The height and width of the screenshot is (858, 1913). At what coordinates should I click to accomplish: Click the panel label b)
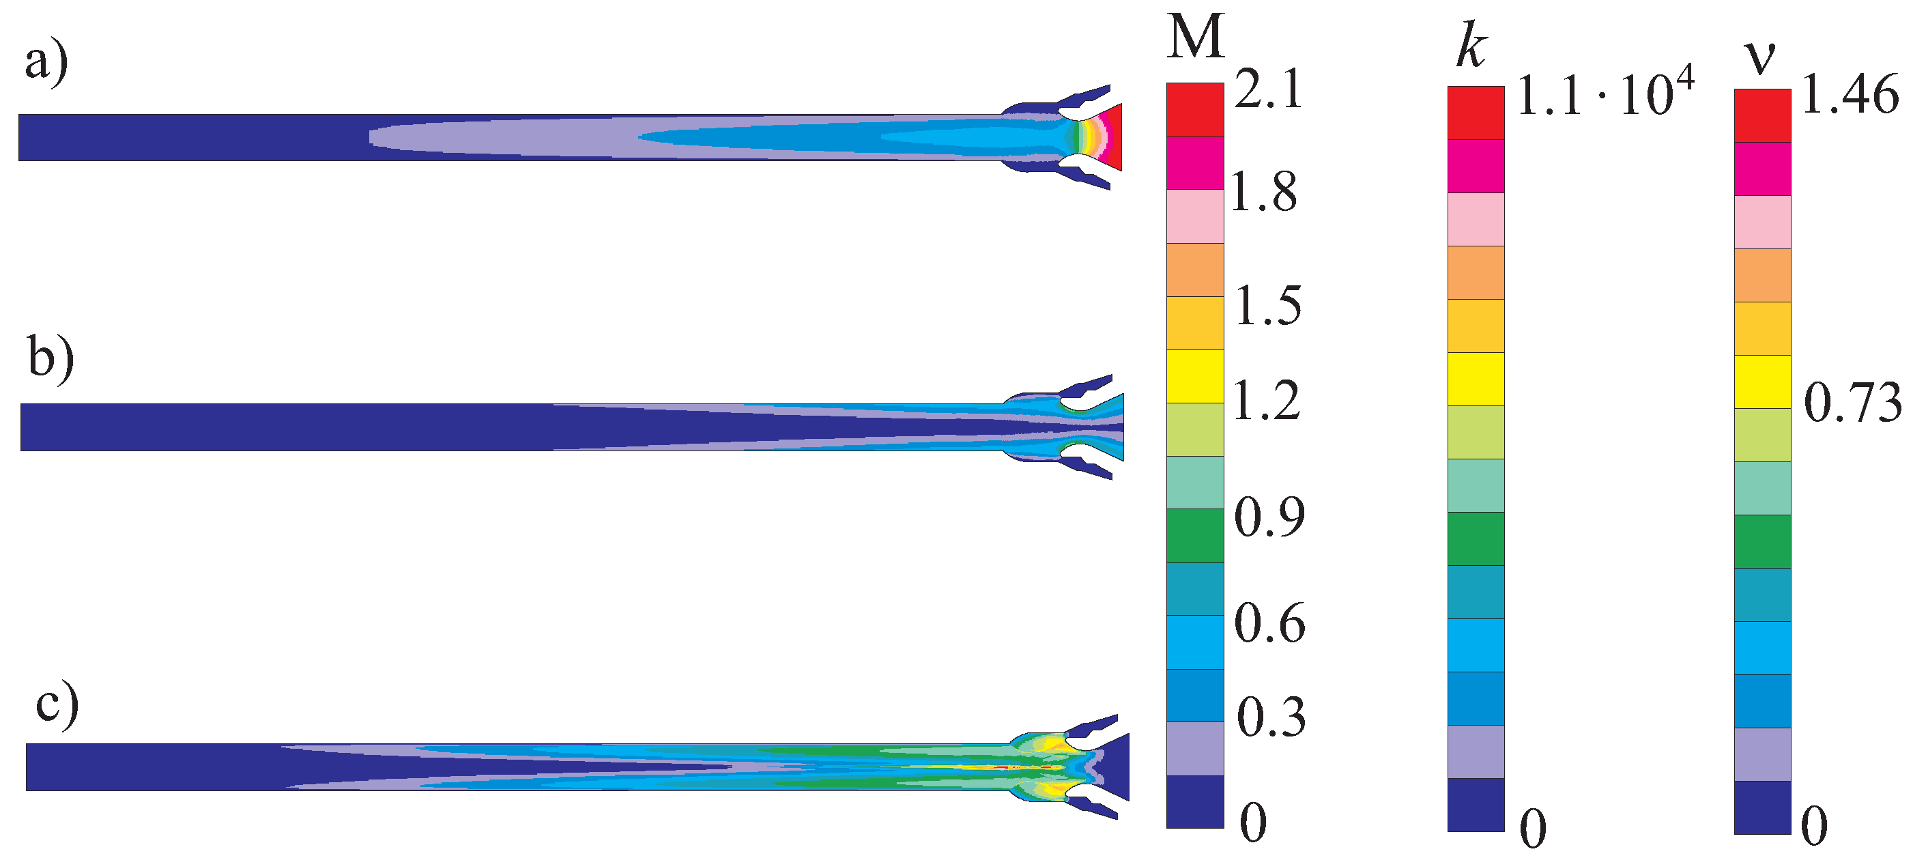(x=51, y=359)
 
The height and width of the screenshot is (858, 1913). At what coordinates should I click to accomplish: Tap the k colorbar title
(x=1471, y=48)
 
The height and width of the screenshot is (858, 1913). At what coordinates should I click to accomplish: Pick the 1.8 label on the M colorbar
(x=1263, y=192)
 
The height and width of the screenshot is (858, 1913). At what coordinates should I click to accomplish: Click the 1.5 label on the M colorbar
(x=1267, y=306)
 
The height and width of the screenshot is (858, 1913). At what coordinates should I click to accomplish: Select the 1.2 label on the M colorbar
(x=1266, y=401)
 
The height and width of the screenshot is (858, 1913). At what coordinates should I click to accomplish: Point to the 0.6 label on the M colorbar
(x=1269, y=624)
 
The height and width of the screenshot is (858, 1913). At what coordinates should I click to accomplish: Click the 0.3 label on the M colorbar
(x=1271, y=718)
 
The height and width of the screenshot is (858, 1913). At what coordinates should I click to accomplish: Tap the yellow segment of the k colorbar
(x=1476, y=379)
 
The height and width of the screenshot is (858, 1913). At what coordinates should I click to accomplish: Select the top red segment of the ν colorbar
(x=1762, y=115)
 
